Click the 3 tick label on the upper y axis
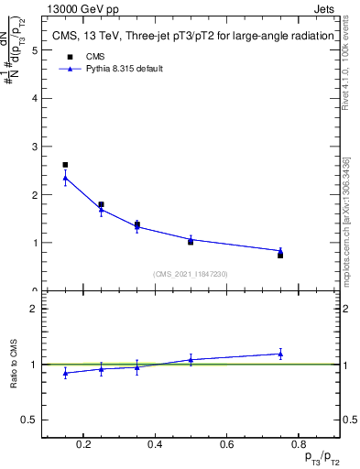point(35,147)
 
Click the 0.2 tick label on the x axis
point(83,445)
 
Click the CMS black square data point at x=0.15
point(65,165)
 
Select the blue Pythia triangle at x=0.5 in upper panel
point(191,239)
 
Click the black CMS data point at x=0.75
point(280,255)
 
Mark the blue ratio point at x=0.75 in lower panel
point(280,354)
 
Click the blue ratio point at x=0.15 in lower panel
point(65,373)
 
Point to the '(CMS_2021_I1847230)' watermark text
point(190,274)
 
